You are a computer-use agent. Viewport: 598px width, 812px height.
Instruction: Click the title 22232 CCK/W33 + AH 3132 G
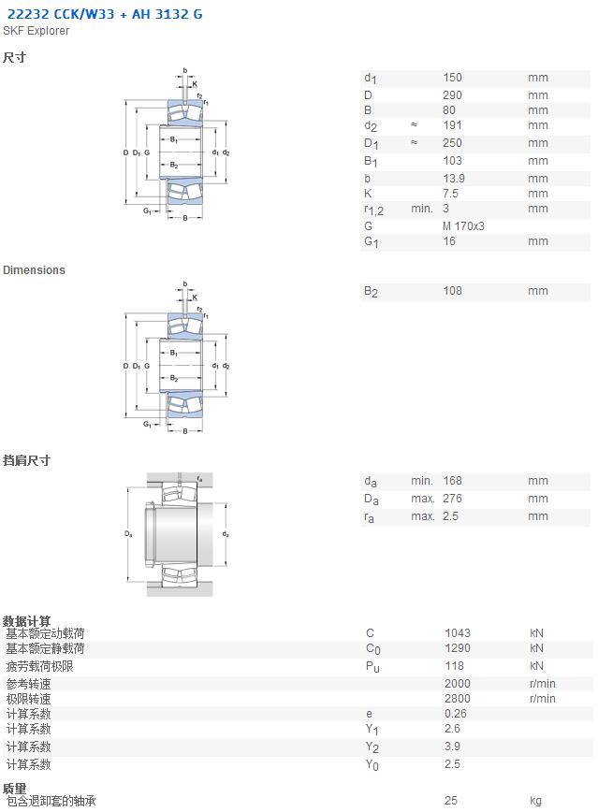[105, 14]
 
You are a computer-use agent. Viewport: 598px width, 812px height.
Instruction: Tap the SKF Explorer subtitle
[36, 31]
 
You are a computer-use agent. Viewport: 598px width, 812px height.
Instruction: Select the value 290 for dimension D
[452, 95]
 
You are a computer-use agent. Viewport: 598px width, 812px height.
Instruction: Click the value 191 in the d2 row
[452, 125]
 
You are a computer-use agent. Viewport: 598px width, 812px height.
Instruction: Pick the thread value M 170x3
[464, 226]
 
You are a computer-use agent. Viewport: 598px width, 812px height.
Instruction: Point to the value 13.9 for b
[454, 179]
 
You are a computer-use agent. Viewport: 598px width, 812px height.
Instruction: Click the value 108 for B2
[452, 291]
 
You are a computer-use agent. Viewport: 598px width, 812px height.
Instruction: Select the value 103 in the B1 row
[452, 161]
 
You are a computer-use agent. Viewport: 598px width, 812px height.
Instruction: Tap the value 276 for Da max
[452, 499]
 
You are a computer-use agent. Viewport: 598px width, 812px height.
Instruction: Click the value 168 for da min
[452, 481]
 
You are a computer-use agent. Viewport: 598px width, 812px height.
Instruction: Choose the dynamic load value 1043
[458, 633]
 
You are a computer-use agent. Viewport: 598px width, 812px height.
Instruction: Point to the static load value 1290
[458, 648]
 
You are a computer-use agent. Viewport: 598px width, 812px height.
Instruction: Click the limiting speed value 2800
[458, 699]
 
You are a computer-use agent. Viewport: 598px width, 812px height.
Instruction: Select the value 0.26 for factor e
[456, 714]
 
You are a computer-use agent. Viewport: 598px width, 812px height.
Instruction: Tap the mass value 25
[451, 801]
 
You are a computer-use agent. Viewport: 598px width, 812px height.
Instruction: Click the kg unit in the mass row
[536, 801]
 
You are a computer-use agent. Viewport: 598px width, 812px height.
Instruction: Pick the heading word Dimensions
[35, 270]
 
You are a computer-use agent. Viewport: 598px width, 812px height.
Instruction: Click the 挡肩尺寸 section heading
[26, 460]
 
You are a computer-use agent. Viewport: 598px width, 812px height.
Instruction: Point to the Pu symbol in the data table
[372, 667]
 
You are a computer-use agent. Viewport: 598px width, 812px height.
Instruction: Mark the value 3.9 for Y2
[452, 747]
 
